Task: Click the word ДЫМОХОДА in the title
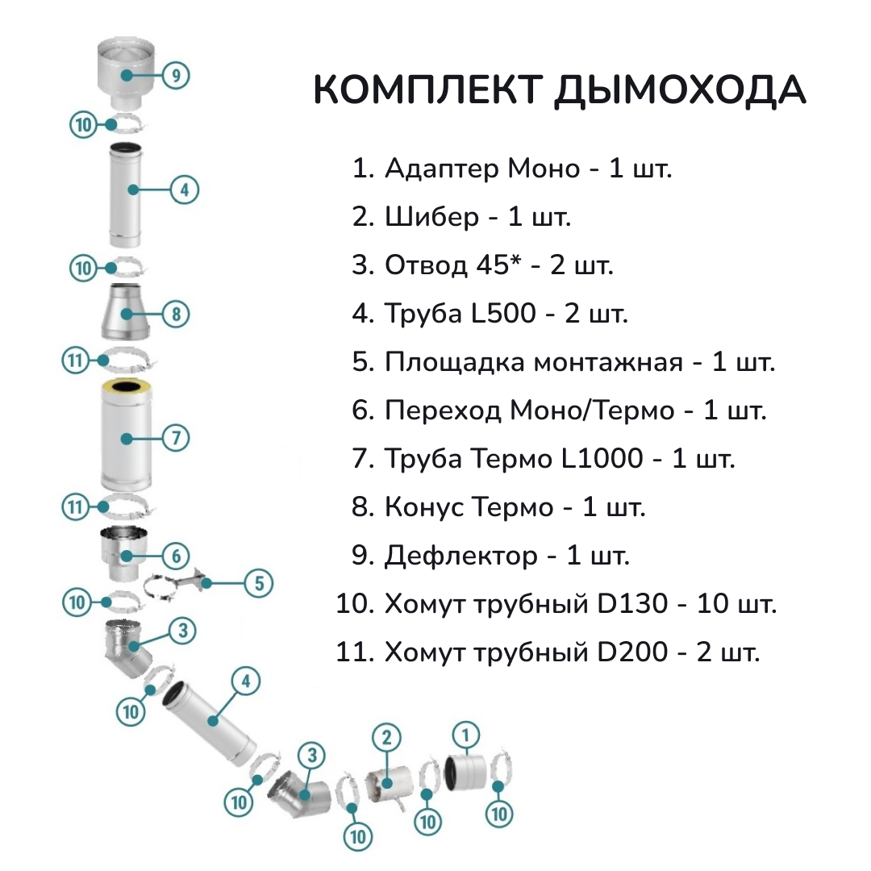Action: [x=680, y=90]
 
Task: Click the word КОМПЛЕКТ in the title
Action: [x=427, y=89]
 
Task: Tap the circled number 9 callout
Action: [x=176, y=75]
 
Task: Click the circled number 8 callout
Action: [x=176, y=314]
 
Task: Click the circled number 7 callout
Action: [x=176, y=438]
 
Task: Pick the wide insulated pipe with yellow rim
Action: [x=126, y=435]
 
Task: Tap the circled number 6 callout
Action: [x=176, y=556]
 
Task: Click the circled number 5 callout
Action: [x=259, y=583]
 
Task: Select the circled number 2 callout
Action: [x=386, y=738]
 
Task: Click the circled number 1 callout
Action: [x=465, y=735]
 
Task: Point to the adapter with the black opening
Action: [x=465, y=772]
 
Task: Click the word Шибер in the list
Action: [x=431, y=217]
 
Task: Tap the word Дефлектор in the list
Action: [x=461, y=556]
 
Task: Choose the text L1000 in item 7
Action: [x=602, y=459]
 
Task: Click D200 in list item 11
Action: [x=632, y=652]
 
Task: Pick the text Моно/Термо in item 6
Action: [x=592, y=410]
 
